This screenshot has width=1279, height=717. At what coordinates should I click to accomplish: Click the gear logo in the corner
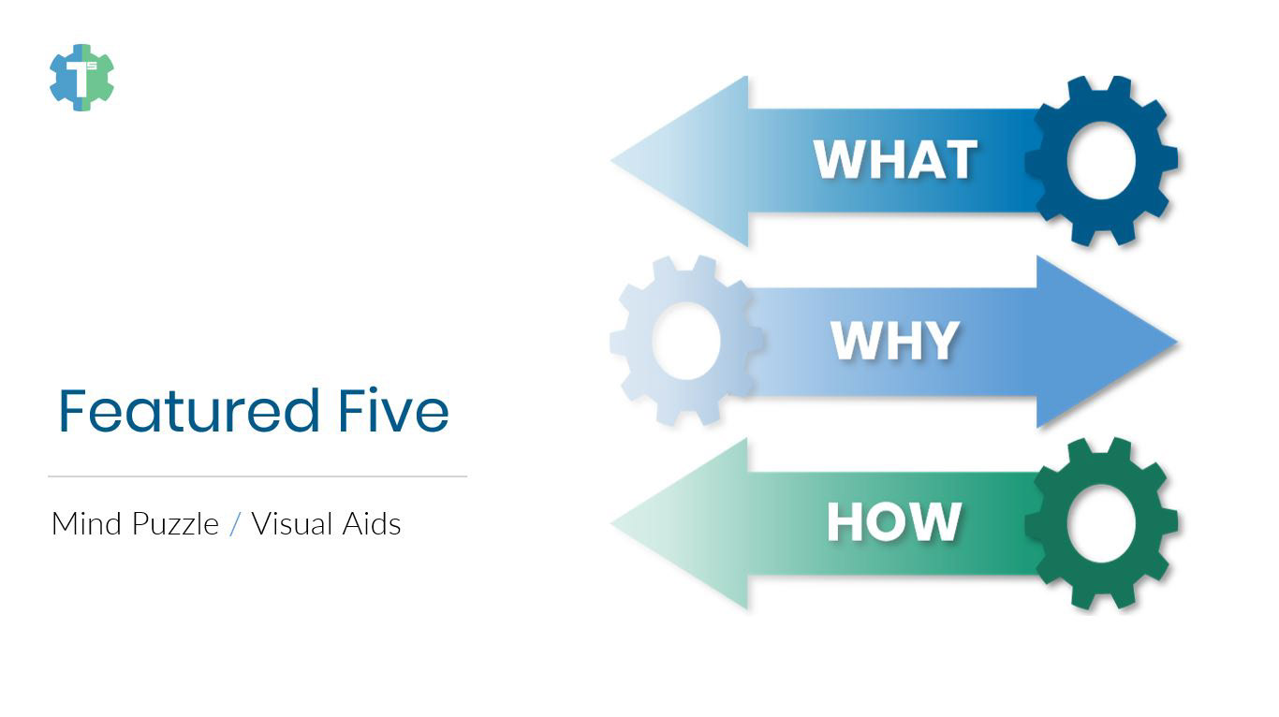tap(81, 78)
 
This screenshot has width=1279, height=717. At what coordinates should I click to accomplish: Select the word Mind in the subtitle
tap(88, 523)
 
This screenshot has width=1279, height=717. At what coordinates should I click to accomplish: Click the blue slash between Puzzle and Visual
tap(234, 523)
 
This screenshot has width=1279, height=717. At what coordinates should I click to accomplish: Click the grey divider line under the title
tap(257, 476)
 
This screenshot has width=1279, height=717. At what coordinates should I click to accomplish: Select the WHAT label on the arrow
tap(895, 160)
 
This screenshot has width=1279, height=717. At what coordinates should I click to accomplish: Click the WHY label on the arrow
tap(895, 341)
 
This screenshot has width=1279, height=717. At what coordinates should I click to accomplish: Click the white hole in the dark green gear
tap(1101, 523)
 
